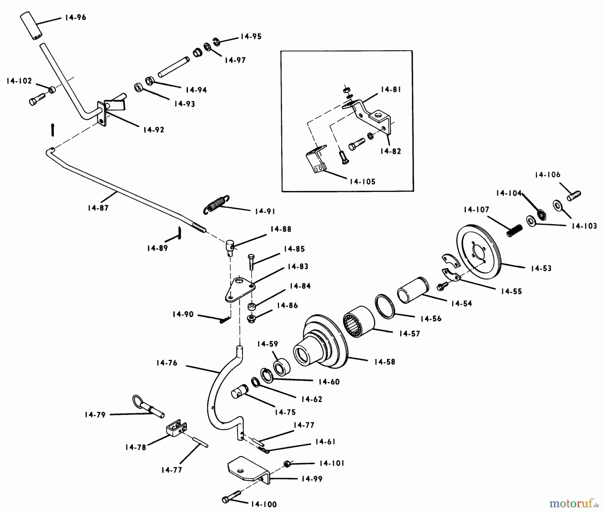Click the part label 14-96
pos(75,17)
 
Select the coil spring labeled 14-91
pos(217,204)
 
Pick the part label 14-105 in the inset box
pos(362,182)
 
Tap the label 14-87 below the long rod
pos(98,208)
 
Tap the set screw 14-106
pos(574,195)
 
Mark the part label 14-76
pos(166,363)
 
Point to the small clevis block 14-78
pos(176,429)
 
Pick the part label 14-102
pos(19,81)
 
